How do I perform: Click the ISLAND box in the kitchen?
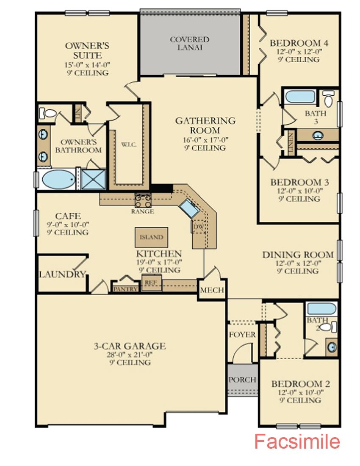coord(152,237)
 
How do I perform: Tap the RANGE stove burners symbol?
coord(143,200)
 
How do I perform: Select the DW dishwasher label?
coord(198,227)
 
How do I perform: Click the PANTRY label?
coord(125,288)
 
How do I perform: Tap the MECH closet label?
coord(212,290)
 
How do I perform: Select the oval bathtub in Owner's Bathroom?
coord(58,179)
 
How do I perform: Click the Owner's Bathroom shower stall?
coord(94,179)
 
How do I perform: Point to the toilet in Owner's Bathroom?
coord(47,113)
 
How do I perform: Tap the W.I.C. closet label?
coord(129,145)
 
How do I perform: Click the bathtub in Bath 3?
coord(300,97)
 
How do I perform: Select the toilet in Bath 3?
coord(328,99)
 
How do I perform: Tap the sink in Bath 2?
coord(332,347)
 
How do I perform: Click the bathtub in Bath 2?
coord(321,308)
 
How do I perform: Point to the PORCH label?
coord(242,380)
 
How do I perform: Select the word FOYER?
coord(242,335)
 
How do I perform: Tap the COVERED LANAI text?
coord(190,43)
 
